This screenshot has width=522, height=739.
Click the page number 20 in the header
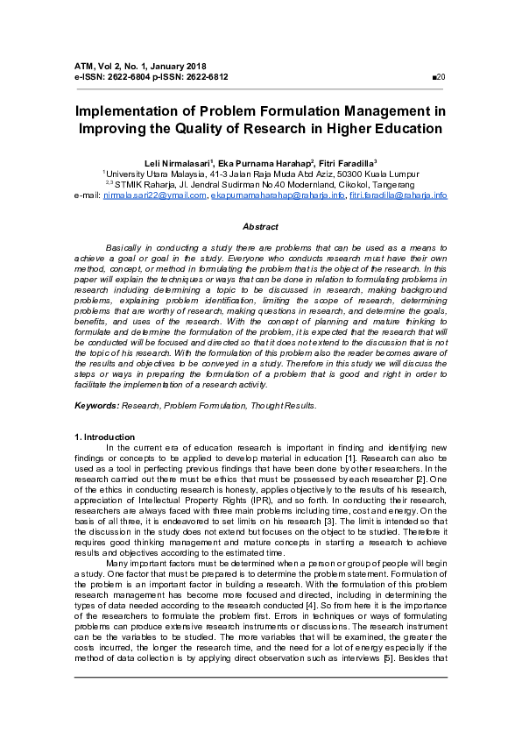pos(441,77)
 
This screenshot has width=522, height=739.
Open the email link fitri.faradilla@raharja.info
pos(399,195)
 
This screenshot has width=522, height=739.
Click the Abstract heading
pos(260,226)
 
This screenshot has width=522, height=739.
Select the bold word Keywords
pos(95,406)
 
